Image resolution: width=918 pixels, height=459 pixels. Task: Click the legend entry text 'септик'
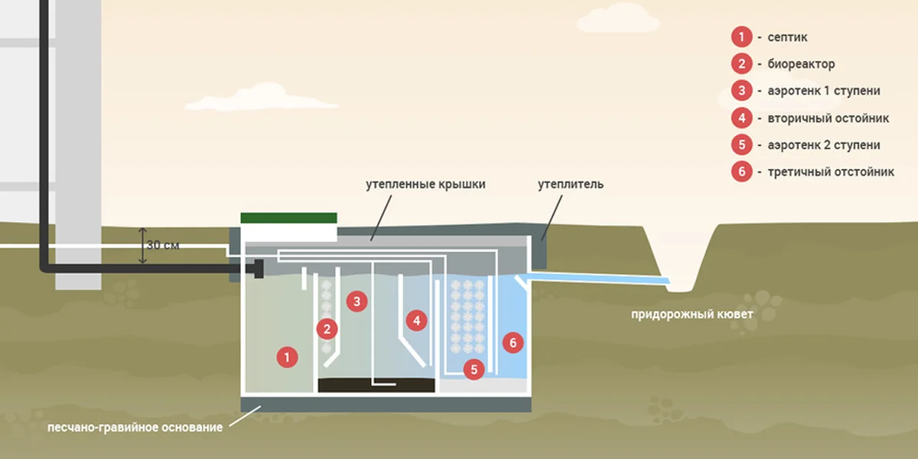787,37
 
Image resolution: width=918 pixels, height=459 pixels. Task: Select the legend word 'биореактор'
801,64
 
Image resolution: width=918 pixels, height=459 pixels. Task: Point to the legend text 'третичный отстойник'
831,172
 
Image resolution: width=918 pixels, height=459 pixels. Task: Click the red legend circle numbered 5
741,145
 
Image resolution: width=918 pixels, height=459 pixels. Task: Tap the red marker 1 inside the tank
287,356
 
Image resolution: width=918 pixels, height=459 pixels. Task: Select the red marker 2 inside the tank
327,330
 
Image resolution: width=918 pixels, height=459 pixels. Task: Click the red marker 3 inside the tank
356,301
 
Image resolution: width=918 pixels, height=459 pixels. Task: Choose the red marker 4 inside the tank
416,321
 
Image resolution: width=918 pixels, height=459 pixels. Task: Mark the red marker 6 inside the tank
513,343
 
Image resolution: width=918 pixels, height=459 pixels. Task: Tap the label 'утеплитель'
571,184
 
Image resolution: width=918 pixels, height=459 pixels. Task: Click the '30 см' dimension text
163,246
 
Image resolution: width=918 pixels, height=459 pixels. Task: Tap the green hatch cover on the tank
288,218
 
